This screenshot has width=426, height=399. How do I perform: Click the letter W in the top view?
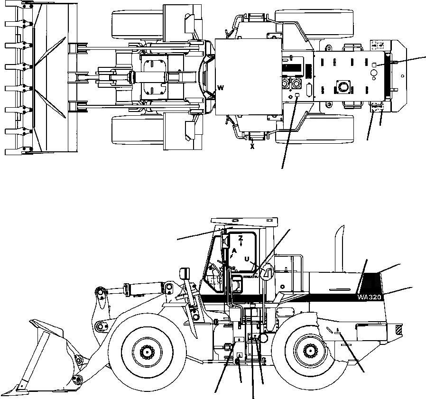click(x=221, y=87)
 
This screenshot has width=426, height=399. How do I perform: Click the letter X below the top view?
click(x=252, y=146)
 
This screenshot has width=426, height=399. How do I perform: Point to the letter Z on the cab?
click(x=241, y=238)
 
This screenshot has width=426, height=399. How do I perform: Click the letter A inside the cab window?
click(x=234, y=251)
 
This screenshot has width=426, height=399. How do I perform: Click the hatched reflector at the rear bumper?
click(x=398, y=328)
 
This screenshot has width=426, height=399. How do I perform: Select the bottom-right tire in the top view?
click(x=315, y=129)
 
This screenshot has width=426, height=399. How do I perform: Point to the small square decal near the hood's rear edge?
click(x=374, y=64)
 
